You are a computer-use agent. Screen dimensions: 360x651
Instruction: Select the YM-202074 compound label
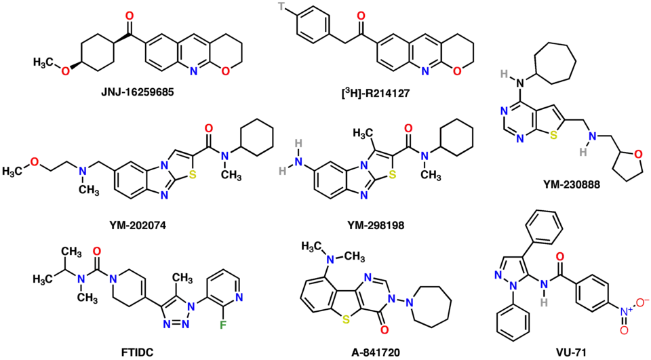[x=136, y=224]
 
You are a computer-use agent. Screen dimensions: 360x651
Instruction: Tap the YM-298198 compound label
[x=376, y=224]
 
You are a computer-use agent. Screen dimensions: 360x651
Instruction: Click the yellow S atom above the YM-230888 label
[x=553, y=136]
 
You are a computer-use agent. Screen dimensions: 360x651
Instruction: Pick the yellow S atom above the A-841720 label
[x=347, y=319]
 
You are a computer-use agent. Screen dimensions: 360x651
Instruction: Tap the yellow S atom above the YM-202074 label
[x=193, y=174]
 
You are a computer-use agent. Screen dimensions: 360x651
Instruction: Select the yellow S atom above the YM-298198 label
[x=392, y=174]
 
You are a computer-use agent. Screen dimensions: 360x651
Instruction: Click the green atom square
[x=222, y=325]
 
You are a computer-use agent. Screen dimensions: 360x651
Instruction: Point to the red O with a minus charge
[x=639, y=299]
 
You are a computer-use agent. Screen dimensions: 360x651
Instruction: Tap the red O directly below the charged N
[x=624, y=331]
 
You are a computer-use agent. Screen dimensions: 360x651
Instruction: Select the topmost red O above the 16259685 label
[x=130, y=16]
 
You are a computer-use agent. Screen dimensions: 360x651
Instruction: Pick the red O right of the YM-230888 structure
[x=639, y=155]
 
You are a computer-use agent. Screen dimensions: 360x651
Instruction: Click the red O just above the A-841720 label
[x=384, y=330]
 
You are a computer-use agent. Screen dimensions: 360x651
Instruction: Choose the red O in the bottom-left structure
[x=97, y=252]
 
